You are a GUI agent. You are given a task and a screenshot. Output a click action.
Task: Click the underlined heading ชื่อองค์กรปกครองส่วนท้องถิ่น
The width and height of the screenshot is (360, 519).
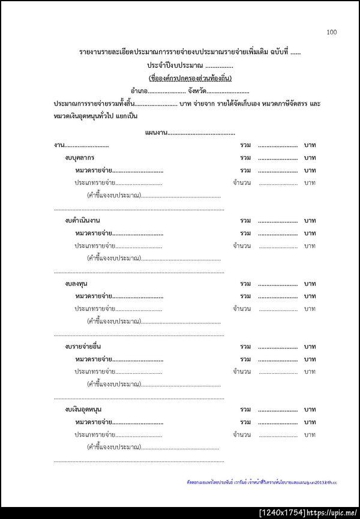(x=190, y=78)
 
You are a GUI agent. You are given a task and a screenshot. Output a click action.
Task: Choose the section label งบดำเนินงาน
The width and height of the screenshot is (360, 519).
(x=83, y=221)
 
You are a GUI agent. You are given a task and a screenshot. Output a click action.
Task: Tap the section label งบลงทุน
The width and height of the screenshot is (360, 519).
(x=77, y=284)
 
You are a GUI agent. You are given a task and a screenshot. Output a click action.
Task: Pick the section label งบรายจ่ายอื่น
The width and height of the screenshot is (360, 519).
(x=83, y=347)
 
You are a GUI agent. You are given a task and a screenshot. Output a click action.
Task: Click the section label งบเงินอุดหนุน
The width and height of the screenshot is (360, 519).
(x=83, y=410)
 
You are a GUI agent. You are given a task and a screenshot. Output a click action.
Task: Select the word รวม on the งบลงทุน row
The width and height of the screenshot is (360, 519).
(x=245, y=284)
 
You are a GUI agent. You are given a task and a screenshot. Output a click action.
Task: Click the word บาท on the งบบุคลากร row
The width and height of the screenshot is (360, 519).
(x=310, y=158)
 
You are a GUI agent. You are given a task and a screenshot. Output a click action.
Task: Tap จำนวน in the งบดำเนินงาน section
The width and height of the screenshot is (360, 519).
(x=242, y=246)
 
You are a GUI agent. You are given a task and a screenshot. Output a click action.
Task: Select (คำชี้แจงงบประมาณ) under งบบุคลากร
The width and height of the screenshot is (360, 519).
(x=114, y=196)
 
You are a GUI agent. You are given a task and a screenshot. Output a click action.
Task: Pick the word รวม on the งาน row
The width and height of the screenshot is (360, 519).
(x=245, y=145)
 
